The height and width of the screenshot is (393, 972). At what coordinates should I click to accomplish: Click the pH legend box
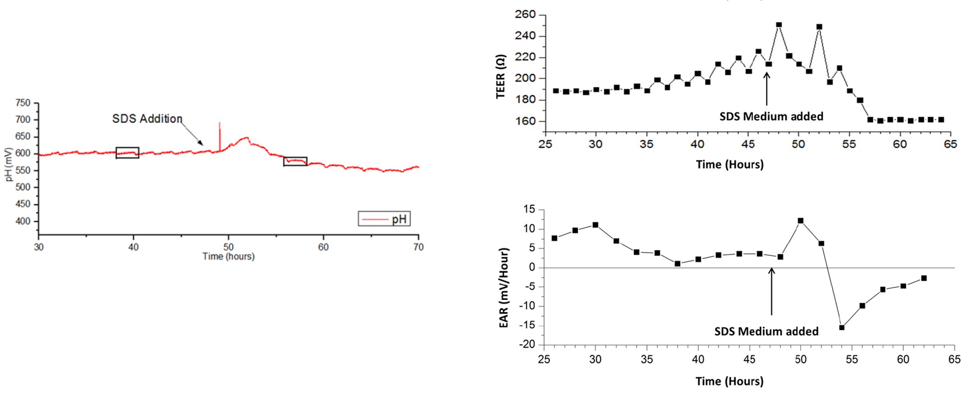click(x=384, y=219)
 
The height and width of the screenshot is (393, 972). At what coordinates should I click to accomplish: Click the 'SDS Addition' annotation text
click(x=147, y=119)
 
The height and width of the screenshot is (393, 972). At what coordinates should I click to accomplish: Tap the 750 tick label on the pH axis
click(x=23, y=103)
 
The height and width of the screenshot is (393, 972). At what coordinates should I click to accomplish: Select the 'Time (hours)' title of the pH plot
click(x=229, y=257)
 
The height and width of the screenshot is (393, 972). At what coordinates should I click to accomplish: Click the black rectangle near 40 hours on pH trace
click(x=127, y=153)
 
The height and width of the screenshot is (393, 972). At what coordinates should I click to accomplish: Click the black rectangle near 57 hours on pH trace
click(x=295, y=161)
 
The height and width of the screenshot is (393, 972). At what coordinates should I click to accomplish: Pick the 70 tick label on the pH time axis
click(x=418, y=247)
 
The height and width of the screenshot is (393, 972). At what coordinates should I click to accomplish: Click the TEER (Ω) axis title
click(x=500, y=76)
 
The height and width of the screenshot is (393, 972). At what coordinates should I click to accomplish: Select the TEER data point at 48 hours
click(x=779, y=25)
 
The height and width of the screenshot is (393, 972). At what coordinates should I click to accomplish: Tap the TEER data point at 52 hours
click(x=819, y=27)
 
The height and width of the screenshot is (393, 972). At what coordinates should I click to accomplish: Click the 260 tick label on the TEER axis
click(x=525, y=15)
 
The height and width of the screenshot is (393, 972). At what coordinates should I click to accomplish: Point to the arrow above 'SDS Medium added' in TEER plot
click(x=766, y=88)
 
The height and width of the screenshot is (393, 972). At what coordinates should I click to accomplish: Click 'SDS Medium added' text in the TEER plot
click(x=771, y=117)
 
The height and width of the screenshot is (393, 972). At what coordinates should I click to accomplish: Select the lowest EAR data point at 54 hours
click(x=841, y=327)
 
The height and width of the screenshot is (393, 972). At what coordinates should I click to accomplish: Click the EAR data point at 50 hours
click(x=801, y=221)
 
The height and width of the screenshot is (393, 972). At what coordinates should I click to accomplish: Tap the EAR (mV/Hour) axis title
click(x=504, y=288)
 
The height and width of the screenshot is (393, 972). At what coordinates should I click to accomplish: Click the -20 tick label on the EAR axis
click(x=527, y=345)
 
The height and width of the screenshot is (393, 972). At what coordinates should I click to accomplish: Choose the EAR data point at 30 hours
click(x=595, y=225)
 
